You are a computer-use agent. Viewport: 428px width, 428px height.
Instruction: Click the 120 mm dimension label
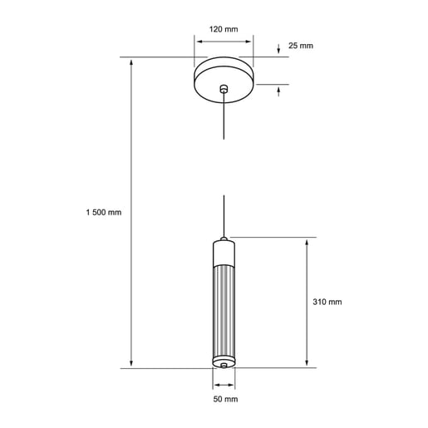pyautogui.click(x=224, y=29)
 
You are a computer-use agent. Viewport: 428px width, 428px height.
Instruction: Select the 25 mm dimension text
pyautogui.click(x=301, y=45)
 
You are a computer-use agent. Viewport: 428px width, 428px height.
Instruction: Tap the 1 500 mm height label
pyautogui.click(x=104, y=212)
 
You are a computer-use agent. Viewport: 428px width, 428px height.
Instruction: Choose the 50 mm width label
pyautogui.click(x=224, y=399)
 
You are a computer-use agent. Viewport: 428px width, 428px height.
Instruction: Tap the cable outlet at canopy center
pyautogui.click(x=223, y=89)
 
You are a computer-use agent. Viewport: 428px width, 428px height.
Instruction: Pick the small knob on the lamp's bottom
pyautogui.click(x=223, y=364)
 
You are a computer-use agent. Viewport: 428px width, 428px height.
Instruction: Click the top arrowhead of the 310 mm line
pyautogui.click(x=309, y=242)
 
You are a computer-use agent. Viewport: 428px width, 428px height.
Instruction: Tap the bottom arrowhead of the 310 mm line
pyautogui.click(x=309, y=362)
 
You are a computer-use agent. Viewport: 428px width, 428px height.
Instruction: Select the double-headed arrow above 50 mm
pyautogui.click(x=223, y=384)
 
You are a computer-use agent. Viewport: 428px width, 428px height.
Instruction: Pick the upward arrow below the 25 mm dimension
pyautogui.click(x=278, y=91)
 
